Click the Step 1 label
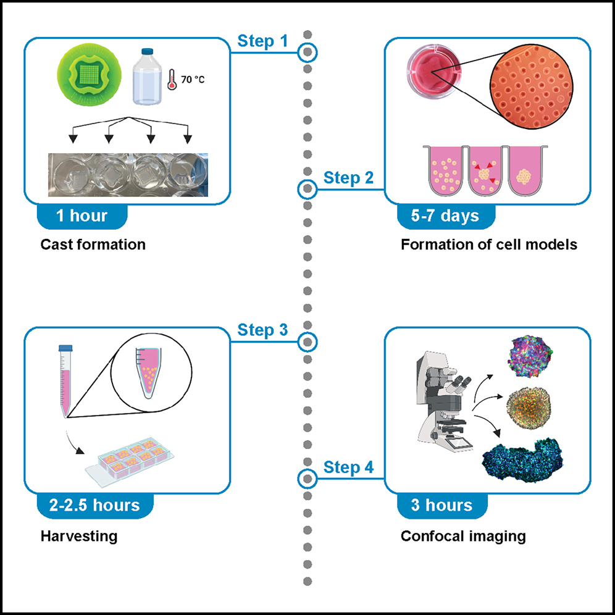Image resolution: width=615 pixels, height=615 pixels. click(262, 42)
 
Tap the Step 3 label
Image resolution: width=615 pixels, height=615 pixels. click(262, 330)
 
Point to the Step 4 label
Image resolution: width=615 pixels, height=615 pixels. click(349, 467)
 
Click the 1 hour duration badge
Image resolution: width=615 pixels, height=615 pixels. click(82, 216)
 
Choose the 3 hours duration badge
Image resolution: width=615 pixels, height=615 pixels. click(442, 505)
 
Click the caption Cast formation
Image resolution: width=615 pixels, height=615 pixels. click(93, 244)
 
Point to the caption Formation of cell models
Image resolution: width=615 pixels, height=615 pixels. click(489, 244)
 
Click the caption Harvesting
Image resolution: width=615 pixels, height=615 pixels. click(79, 535)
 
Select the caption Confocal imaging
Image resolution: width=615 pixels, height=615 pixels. click(463, 535)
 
